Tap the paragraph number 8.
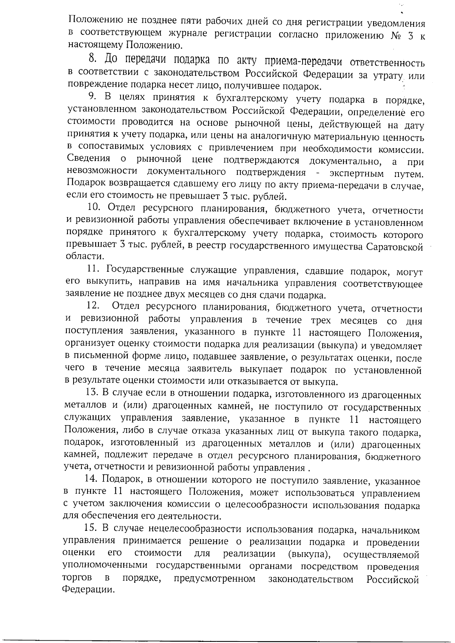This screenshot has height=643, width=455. coord(92,59)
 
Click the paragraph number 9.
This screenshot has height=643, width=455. coord(92,98)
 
